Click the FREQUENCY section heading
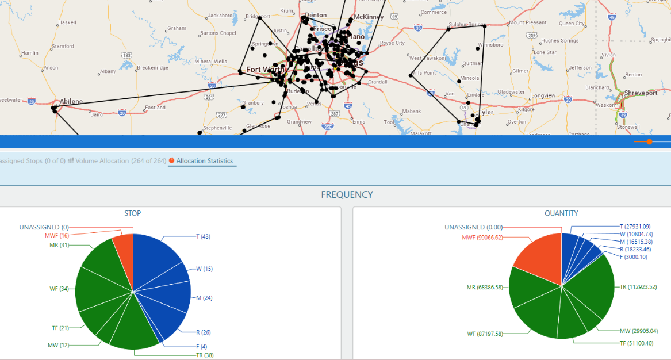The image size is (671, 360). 347,194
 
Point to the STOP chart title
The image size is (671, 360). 133,213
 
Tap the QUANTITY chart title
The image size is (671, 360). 561,213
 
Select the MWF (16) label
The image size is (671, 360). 57,236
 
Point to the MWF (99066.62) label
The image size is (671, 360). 482,238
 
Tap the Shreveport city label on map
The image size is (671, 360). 640,93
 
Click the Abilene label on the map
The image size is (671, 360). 71,101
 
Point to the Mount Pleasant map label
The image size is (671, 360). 527,23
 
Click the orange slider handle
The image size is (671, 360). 649,141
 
